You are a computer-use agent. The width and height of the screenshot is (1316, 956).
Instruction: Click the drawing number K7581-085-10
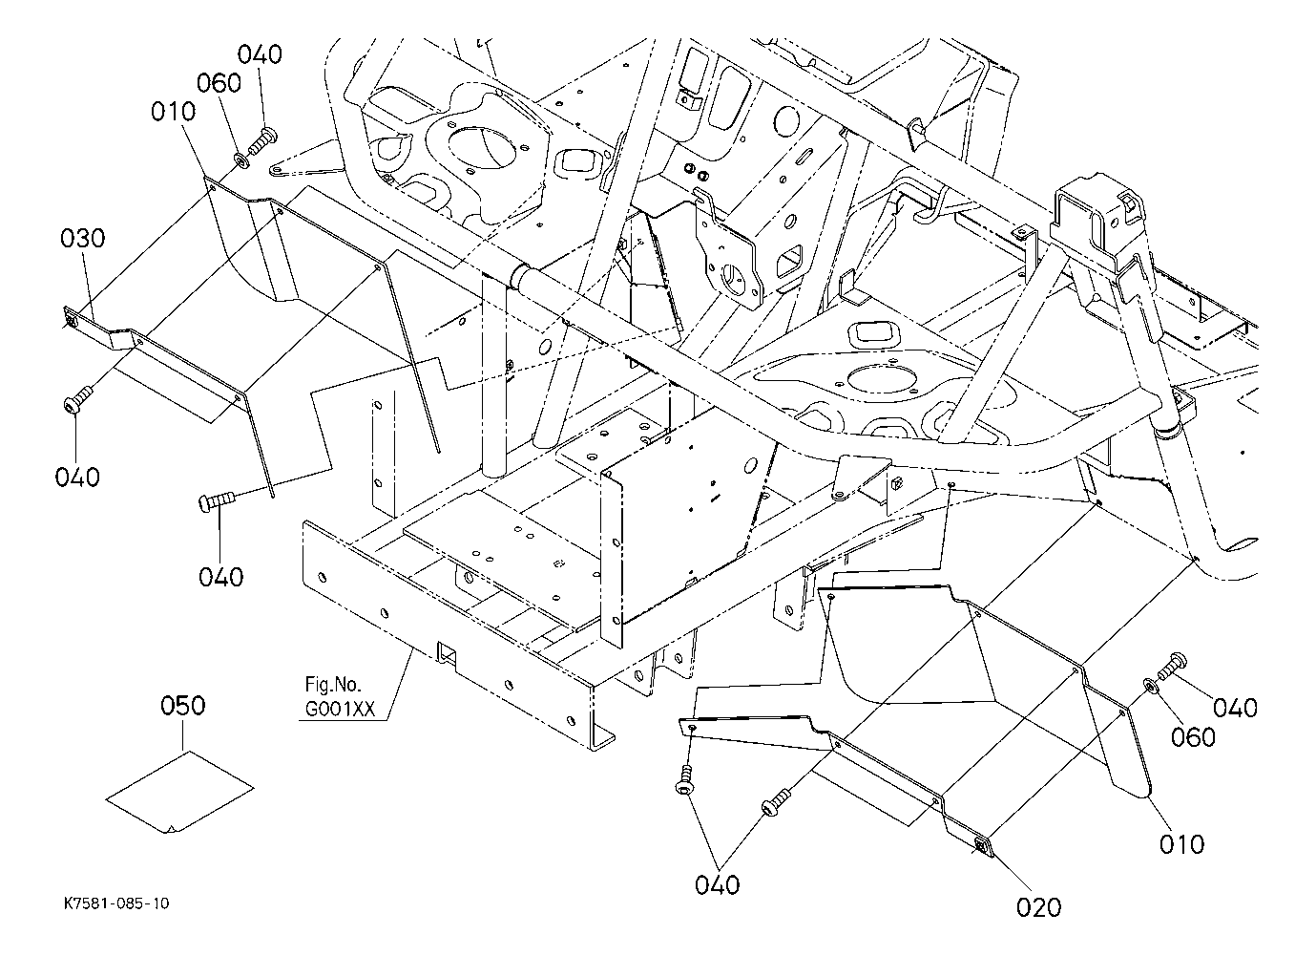pyautogui.click(x=116, y=903)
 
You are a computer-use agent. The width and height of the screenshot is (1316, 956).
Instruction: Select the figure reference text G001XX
pyautogui.click(x=340, y=709)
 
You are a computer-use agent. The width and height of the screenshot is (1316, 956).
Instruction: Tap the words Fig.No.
pyautogui.click(x=333, y=684)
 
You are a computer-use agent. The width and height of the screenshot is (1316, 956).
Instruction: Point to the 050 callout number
pyautogui.click(x=182, y=706)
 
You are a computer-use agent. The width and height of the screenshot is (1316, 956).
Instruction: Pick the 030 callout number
pyautogui.click(x=83, y=239)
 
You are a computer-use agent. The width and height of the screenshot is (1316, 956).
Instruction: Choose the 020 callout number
pyautogui.click(x=1038, y=908)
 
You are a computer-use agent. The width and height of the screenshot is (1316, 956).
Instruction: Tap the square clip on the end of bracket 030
pyautogui.click(x=71, y=321)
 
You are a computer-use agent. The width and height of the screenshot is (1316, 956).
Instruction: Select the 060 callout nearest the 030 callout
pyautogui.click(x=219, y=83)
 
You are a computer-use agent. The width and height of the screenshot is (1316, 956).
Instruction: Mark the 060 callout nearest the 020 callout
pyautogui.click(x=1193, y=737)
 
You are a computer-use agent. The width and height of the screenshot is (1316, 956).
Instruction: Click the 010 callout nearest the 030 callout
pyautogui.click(x=174, y=112)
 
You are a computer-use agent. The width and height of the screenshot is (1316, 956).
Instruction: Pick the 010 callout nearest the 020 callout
pyautogui.click(x=1181, y=845)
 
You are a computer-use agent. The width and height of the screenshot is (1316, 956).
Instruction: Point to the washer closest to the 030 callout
pyautogui.click(x=240, y=159)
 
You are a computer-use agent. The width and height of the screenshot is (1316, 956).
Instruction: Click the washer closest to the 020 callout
pyautogui.click(x=1149, y=686)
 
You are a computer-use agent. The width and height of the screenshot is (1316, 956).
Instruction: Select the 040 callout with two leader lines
pyautogui.click(x=717, y=885)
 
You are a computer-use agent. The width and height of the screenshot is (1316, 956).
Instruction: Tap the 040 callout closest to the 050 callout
pyautogui.click(x=220, y=578)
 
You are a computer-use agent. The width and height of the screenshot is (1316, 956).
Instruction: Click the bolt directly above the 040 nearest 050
pyautogui.click(x=217, y=502)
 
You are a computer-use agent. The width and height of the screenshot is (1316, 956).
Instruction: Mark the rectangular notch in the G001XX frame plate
pyautogui.click(x=447, y=653)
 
